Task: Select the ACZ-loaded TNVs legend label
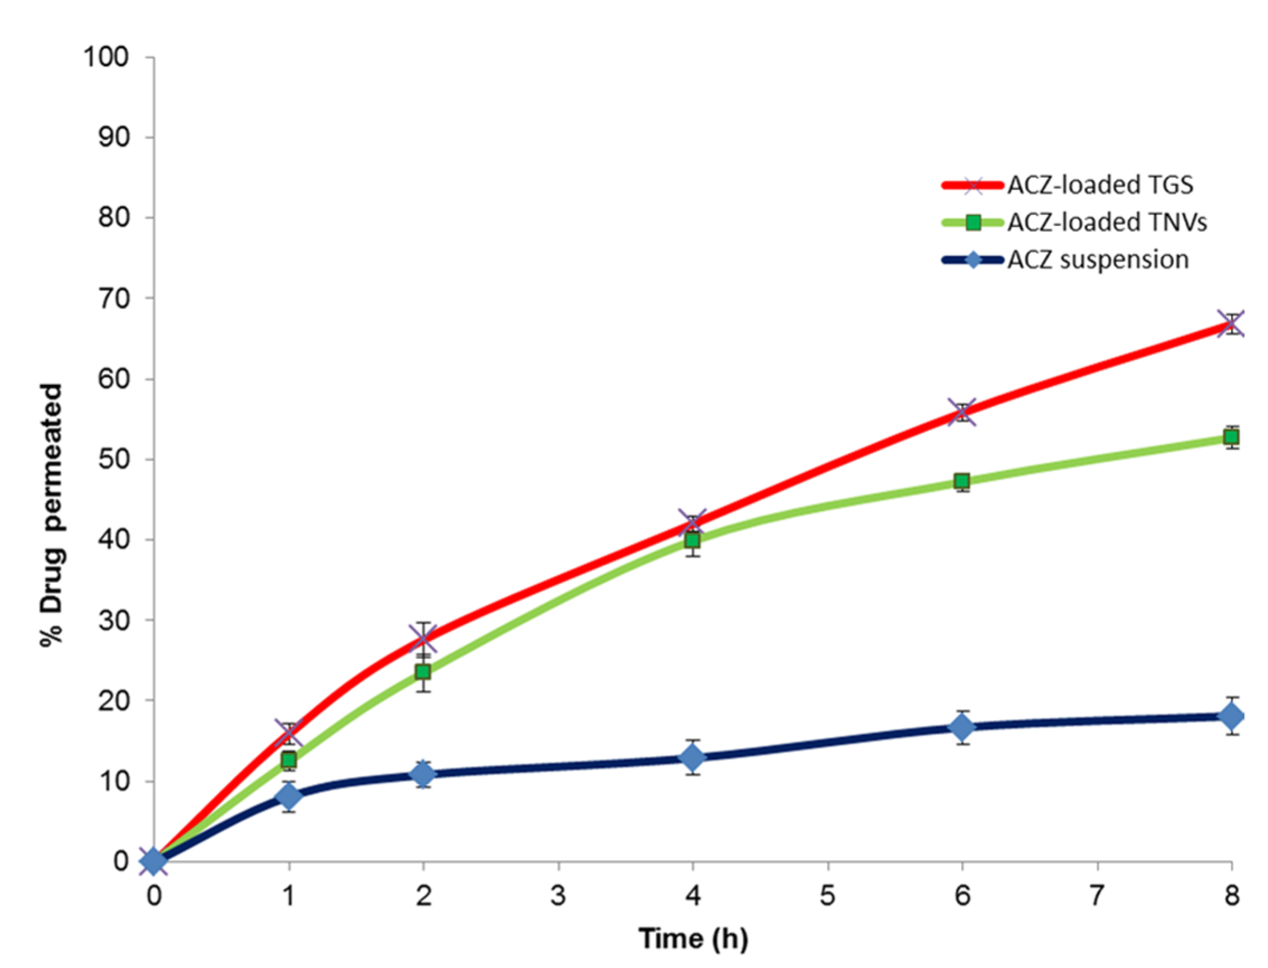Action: coord(1106,223)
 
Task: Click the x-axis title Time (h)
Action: coord(693,938)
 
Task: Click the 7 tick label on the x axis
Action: coord(1097,896)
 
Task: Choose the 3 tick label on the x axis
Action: coord(558,896)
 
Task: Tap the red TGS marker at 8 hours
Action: coord(1231,324)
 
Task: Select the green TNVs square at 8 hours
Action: coord(1231,437)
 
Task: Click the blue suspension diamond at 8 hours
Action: coord(1231,717)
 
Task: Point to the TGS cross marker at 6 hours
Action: coord(962,412)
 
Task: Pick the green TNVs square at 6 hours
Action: coord(962,480)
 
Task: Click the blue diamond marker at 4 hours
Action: coord(693,757)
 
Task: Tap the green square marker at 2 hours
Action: coord(423,672)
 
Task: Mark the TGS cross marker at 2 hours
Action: coord(423,639)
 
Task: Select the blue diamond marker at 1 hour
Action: coord(289,796)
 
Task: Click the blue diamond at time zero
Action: coord(154,861)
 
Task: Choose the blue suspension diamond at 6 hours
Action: coord(962,728)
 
